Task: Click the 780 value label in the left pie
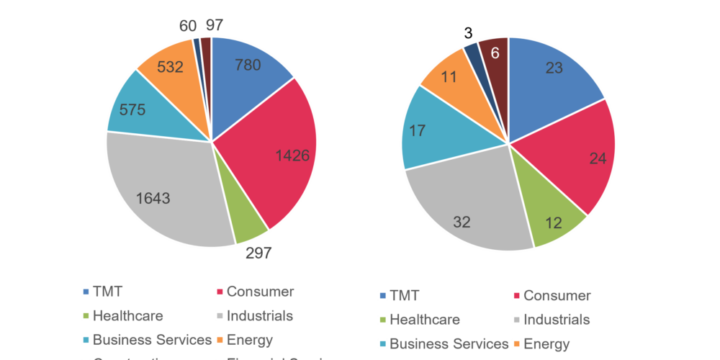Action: [x=248, y=65]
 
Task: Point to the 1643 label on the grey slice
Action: [x=153, y=198]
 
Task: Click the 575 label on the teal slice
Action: [x=132, y=110]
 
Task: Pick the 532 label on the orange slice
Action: [x=170, y=67]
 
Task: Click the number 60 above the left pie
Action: [x=188, y=26]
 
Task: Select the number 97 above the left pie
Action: [x=214, y=26]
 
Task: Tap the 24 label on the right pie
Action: [x=598, y=160]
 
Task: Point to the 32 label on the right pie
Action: [x=462, y=222]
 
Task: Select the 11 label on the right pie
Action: [x=450, y=77]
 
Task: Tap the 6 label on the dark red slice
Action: [x=495, y=53]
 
